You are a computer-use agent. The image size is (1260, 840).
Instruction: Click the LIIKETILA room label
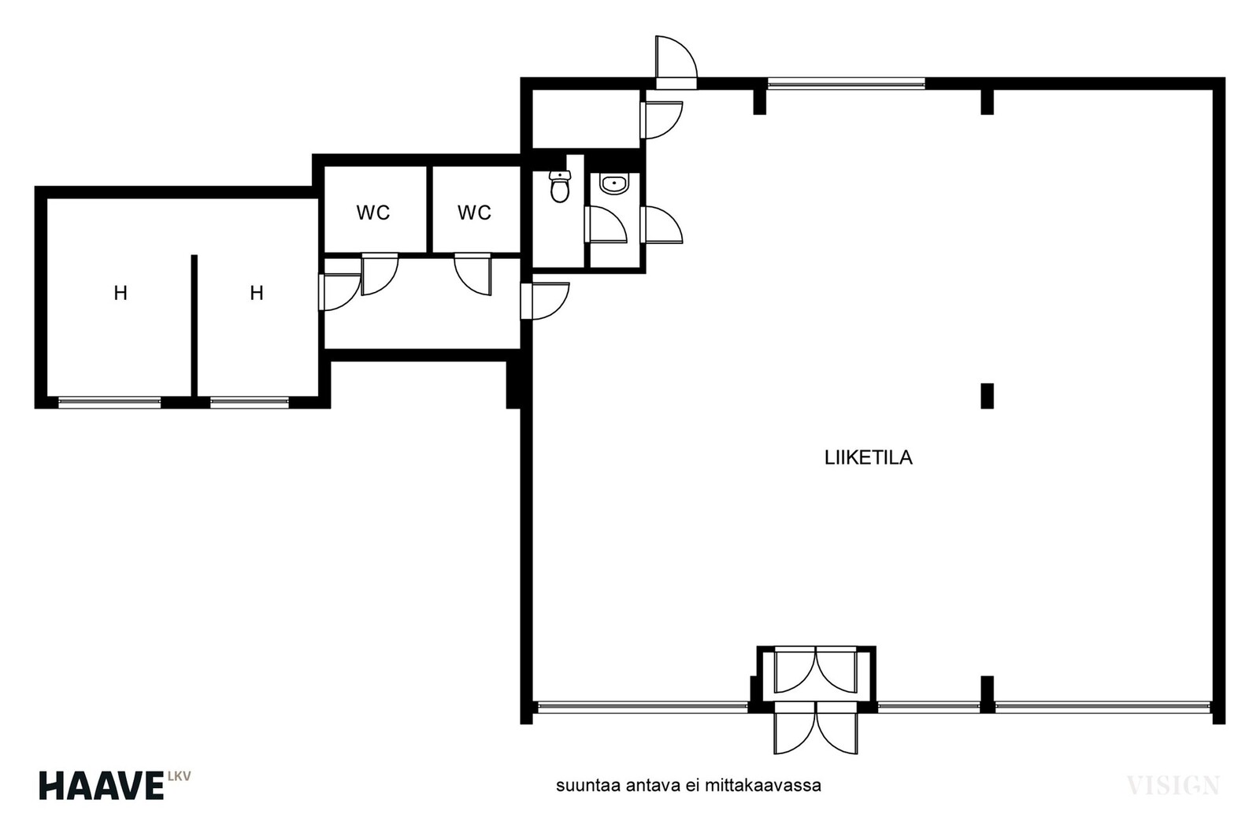868,457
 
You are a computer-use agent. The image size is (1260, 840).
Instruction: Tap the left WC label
373,213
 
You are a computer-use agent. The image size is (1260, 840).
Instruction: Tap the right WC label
474,213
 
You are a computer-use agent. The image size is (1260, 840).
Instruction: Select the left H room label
120,293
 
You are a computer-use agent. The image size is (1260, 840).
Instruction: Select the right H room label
257,293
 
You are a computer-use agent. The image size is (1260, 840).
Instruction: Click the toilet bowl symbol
560,186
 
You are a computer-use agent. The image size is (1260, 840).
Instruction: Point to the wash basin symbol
614,184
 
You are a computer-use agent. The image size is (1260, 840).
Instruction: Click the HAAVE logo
102,786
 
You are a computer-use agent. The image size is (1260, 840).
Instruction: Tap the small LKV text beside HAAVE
180,776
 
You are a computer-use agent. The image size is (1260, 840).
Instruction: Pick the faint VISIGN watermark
1173,785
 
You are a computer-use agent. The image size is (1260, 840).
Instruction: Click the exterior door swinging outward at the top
676,62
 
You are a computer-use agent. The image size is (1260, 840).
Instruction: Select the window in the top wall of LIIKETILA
846,83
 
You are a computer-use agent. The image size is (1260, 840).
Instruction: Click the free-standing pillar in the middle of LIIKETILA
987,396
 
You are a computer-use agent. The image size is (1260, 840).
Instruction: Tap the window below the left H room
109,402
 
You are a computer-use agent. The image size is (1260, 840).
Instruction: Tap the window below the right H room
249,402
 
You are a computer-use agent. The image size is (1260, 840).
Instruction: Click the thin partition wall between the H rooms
194,326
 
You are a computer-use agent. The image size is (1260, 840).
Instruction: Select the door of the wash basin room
606,224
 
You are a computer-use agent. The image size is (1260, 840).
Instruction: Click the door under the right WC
473,274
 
